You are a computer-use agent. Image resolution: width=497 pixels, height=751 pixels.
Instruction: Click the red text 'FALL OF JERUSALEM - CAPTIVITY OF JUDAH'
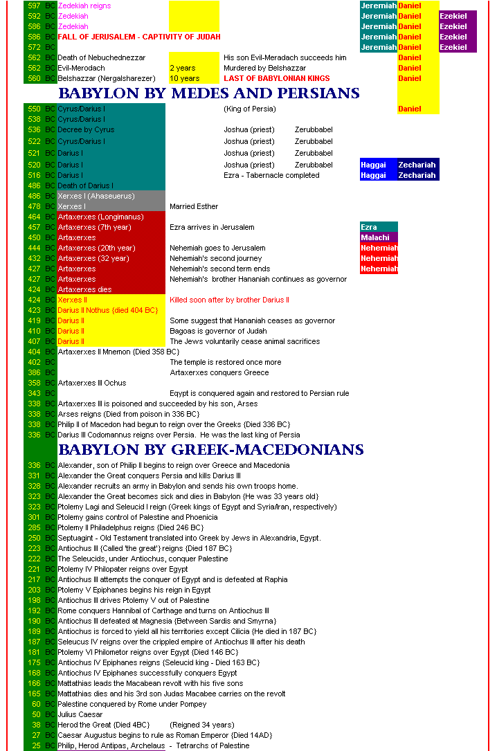[x=139, y=37]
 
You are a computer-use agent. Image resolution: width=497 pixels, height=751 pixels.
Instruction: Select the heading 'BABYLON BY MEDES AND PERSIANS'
[x=209, y=93]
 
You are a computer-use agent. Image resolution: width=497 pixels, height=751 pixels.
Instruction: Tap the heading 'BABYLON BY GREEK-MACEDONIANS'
[x=211, y=450]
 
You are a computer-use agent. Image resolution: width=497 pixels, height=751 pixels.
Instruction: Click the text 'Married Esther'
[x=194, y=206]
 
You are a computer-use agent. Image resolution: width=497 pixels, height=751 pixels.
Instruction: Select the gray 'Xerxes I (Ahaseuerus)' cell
[x=96, y=196]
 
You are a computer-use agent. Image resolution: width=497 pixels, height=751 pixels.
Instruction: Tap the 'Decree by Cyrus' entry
[x=86, y=129]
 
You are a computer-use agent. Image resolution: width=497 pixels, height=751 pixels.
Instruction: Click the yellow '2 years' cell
[x=183, y=68]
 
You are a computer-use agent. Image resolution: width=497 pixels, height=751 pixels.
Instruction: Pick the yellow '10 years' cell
[x=184, y=78]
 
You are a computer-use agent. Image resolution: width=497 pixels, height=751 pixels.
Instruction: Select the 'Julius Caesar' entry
[x=80, y=714]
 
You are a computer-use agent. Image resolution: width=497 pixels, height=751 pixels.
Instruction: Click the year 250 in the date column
[x=34, y=538]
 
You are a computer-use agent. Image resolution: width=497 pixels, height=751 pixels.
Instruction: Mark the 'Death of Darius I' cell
[x=86, y=186]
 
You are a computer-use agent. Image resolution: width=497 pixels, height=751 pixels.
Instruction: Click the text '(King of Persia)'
[x=250, y=109]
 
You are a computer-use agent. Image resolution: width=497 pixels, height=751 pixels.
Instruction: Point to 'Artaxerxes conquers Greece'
[x=219, y=372]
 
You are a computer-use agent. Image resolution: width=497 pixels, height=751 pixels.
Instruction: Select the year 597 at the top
[x=34, y=6]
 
